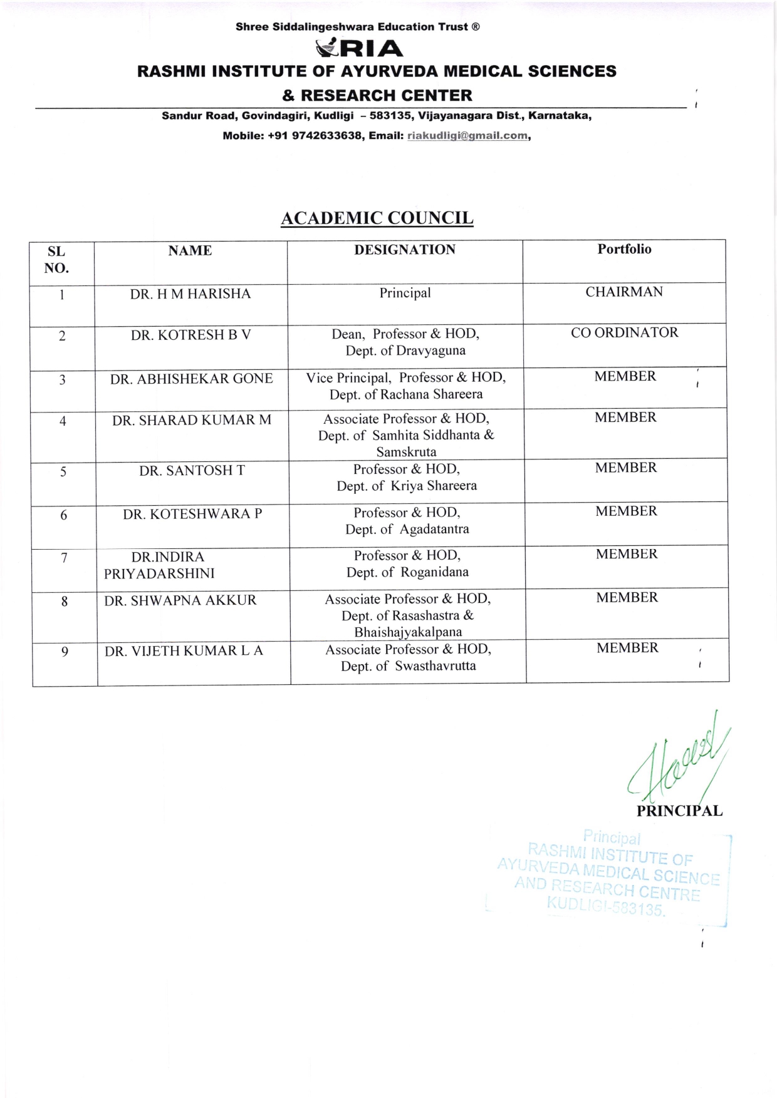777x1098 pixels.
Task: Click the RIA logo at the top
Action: tap(360, 48)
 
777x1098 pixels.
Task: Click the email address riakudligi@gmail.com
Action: tap(467, 136)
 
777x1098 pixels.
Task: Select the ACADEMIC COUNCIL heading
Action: tap(377, 218)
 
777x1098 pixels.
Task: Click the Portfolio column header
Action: tap(624, 249)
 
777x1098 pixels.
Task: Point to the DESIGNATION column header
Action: tap(405, 250)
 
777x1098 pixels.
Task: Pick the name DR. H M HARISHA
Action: tap(190, 294)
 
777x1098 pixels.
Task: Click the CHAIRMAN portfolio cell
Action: tap(624, 292)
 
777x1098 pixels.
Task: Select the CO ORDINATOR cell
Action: tap(624, 333)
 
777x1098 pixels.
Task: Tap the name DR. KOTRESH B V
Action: tap(190, 335)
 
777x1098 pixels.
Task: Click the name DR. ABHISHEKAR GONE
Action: tap(191, 379)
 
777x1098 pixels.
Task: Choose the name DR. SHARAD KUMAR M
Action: tap(192, 420)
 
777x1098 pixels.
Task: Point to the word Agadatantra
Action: tap(434, 530)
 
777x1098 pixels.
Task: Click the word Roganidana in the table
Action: tap(434, 572)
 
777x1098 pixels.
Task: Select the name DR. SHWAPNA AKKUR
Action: tap(180, 600)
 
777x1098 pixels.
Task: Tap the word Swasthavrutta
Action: tap(435, 666)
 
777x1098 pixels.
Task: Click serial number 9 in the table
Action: tap(65, 652)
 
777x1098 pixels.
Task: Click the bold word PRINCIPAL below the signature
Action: tap(679, 811)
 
